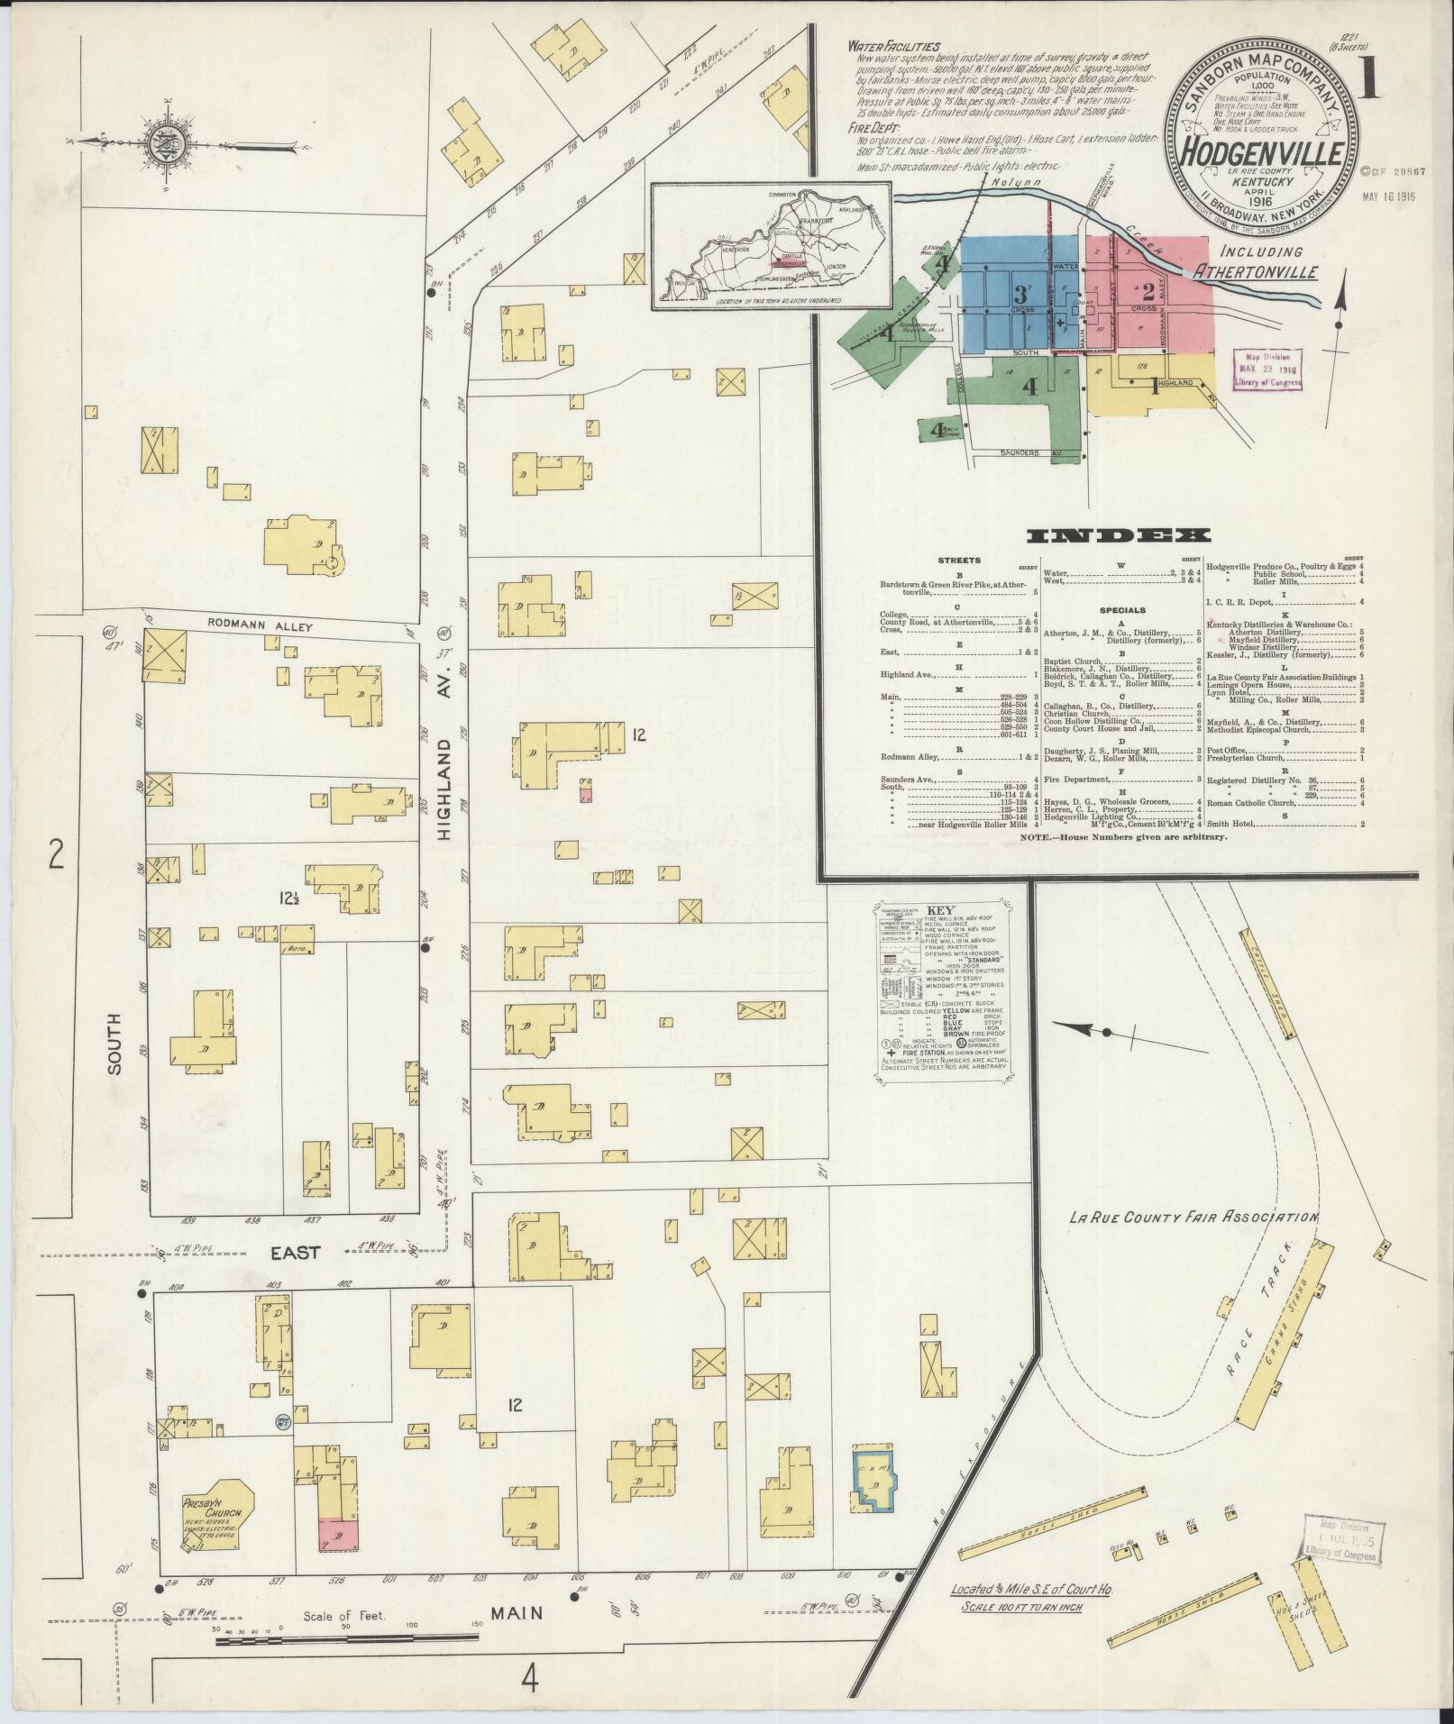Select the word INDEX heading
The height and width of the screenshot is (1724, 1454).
(1118, 535)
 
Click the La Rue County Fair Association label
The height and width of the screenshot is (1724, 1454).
(1193, 1218)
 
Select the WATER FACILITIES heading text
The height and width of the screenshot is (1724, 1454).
(893, 46)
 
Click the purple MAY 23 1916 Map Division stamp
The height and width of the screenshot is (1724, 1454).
(1268, 369)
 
